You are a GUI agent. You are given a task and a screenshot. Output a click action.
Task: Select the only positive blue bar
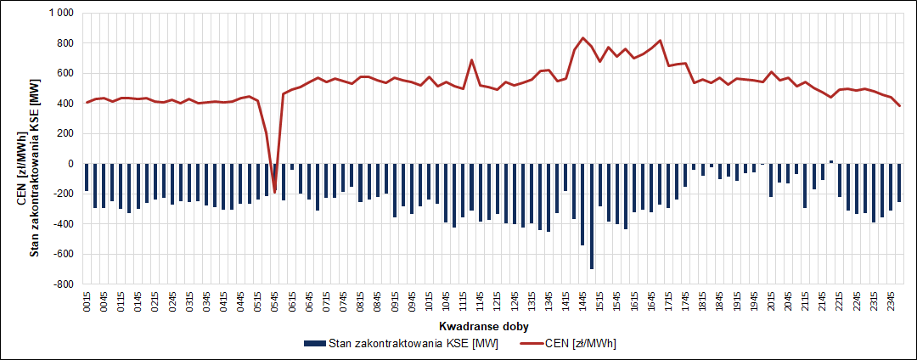click(x=831, y=161)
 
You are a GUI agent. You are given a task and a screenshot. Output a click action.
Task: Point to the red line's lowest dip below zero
click(x=274, y=192)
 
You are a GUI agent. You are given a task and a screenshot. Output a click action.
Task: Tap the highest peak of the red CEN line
click(x=582, y=38)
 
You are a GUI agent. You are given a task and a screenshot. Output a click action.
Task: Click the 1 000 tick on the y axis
click(x=60, y=14)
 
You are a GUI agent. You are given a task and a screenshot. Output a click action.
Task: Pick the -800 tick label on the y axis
click(x=63, y=284)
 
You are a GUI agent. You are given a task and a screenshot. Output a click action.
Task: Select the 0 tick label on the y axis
click(x=70, y=164)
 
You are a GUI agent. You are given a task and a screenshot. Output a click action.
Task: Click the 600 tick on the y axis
click(x=65, y=74)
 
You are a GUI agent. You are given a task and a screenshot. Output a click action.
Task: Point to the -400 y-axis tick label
click(x=63, y=224)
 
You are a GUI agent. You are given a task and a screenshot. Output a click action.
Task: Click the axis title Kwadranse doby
click(x=487, y=326)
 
